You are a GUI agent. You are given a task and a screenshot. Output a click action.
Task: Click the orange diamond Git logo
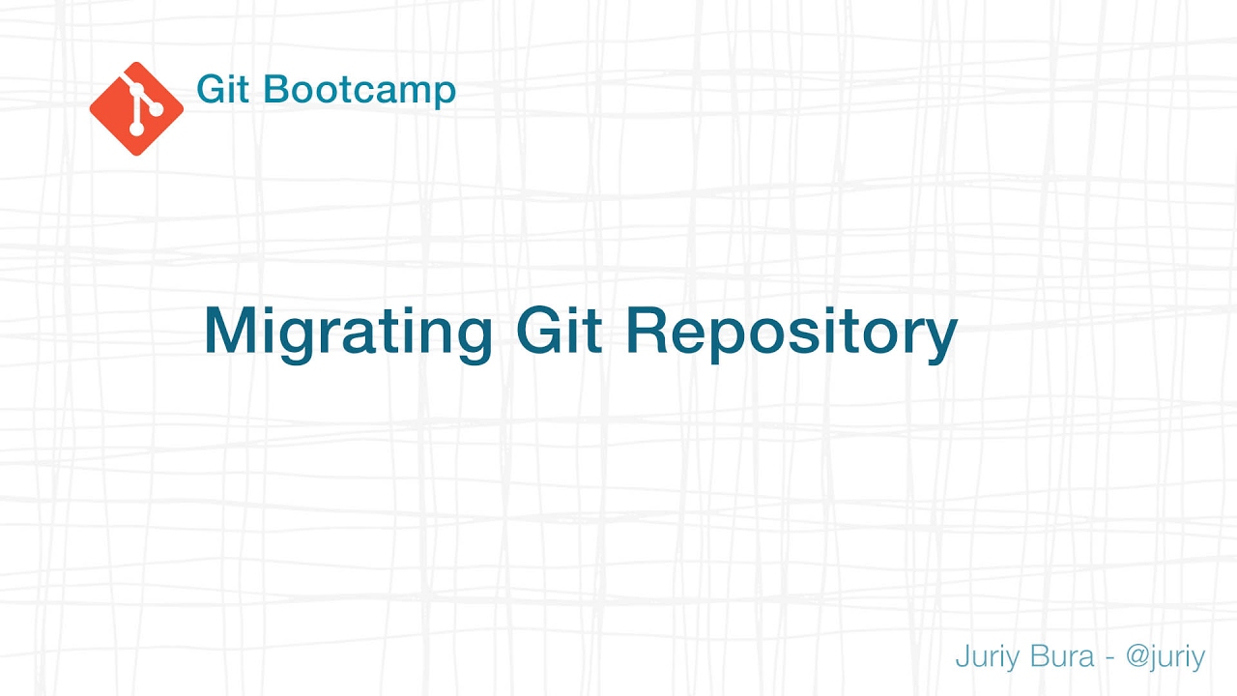[x=136, y=108]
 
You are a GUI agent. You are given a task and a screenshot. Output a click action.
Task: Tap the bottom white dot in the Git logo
[x=136, y=129]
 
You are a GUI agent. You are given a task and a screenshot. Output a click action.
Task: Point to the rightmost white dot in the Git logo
[x=152, y=108]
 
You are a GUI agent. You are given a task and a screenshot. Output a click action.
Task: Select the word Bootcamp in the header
[x=360, y=91]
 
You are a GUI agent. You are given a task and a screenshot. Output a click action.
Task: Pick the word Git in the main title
[x=560, y=330]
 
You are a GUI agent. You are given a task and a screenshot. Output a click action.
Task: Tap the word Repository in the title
[x=791, y=332]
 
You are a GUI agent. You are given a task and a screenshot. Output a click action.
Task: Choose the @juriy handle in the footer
[x=1165, y=657]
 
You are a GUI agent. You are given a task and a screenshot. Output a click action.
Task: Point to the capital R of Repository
[x=648, y=331]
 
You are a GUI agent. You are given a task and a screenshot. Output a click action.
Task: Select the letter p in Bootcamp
[x=443, y=94]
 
